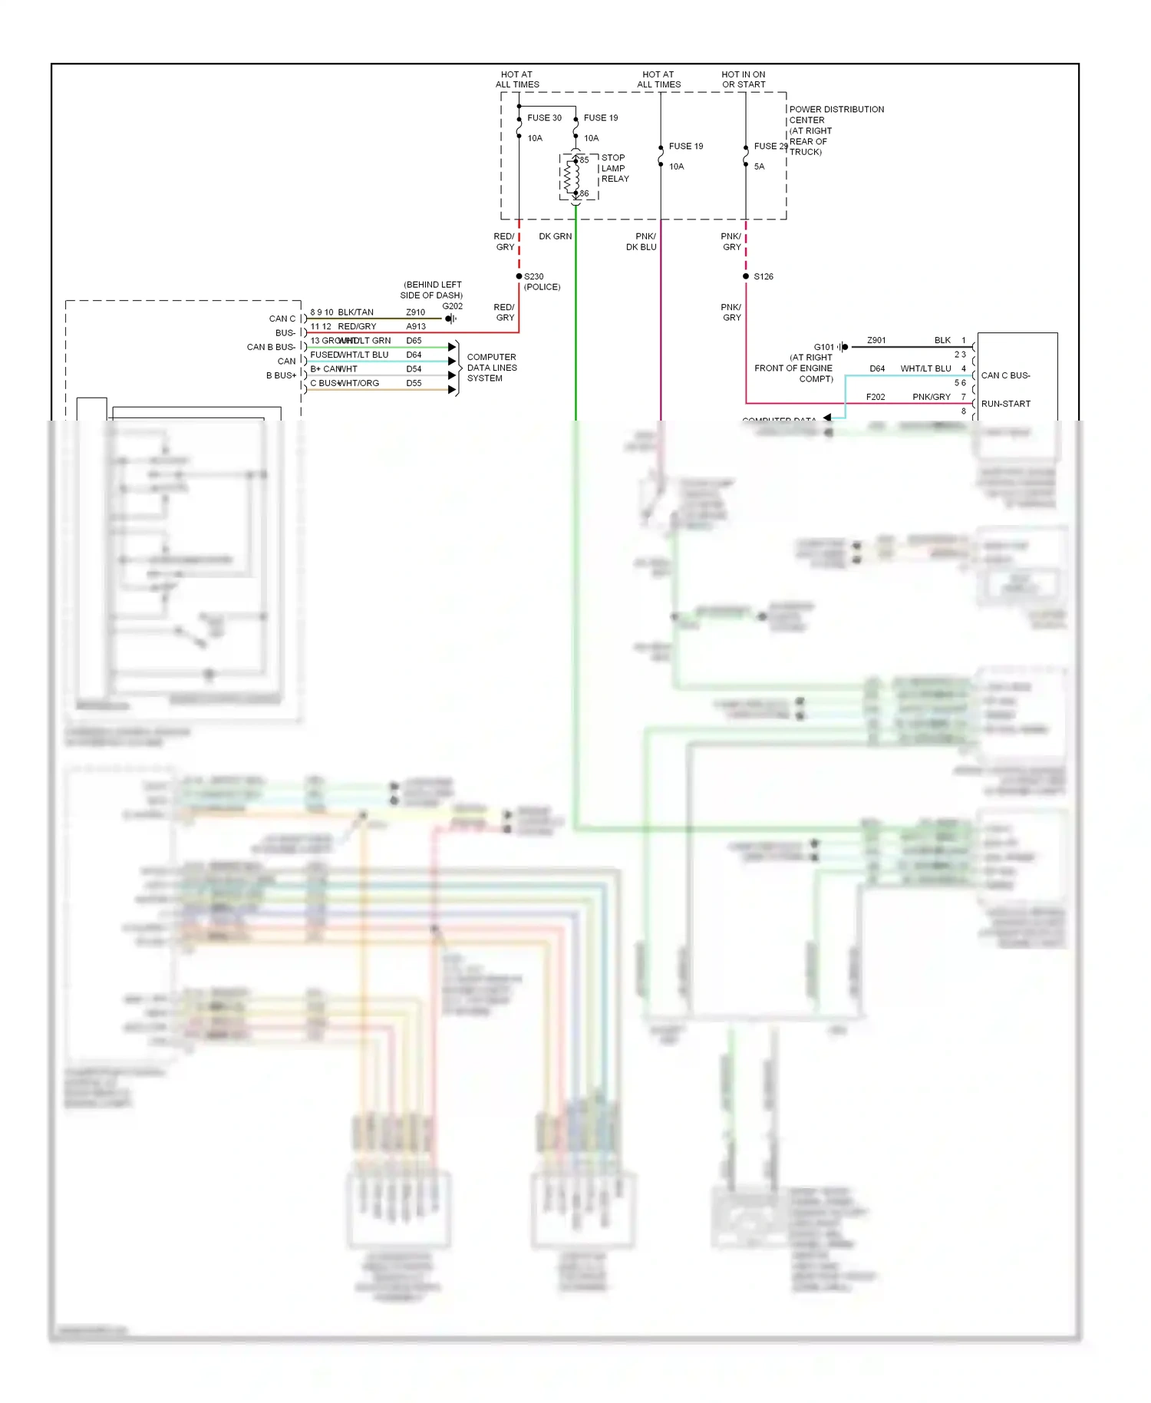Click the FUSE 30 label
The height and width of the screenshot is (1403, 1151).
(x=544, y=118)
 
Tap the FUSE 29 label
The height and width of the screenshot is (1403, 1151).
(x=770, y=147)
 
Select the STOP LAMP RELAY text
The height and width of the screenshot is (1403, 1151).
(x=615, y=168)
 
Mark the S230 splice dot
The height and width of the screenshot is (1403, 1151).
(x=519, y=276)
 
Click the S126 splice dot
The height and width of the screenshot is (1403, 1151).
(x=746, y=276)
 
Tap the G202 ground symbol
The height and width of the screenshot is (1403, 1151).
(x=450, y=319)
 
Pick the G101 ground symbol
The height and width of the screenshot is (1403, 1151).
(x=843, y=347)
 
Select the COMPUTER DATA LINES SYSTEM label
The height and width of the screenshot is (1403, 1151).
(x=492, y=368)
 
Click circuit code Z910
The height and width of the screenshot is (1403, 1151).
(x=415, y=312)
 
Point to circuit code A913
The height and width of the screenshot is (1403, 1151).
(x=415, y=327)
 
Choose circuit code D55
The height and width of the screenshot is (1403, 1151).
(x=414, y=383)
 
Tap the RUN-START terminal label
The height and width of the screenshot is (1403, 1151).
(x=1005, y=404)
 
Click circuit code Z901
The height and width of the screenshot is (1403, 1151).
(x=876, y=340)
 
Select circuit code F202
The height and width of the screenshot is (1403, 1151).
(x=875, y=397)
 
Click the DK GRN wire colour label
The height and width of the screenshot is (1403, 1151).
(x=555, y=236)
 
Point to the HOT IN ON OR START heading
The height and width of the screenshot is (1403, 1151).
(x=743, y=80)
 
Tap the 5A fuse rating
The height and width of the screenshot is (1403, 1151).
(x=759, y=167)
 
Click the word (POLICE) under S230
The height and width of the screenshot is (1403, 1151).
(x=542, y=287)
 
